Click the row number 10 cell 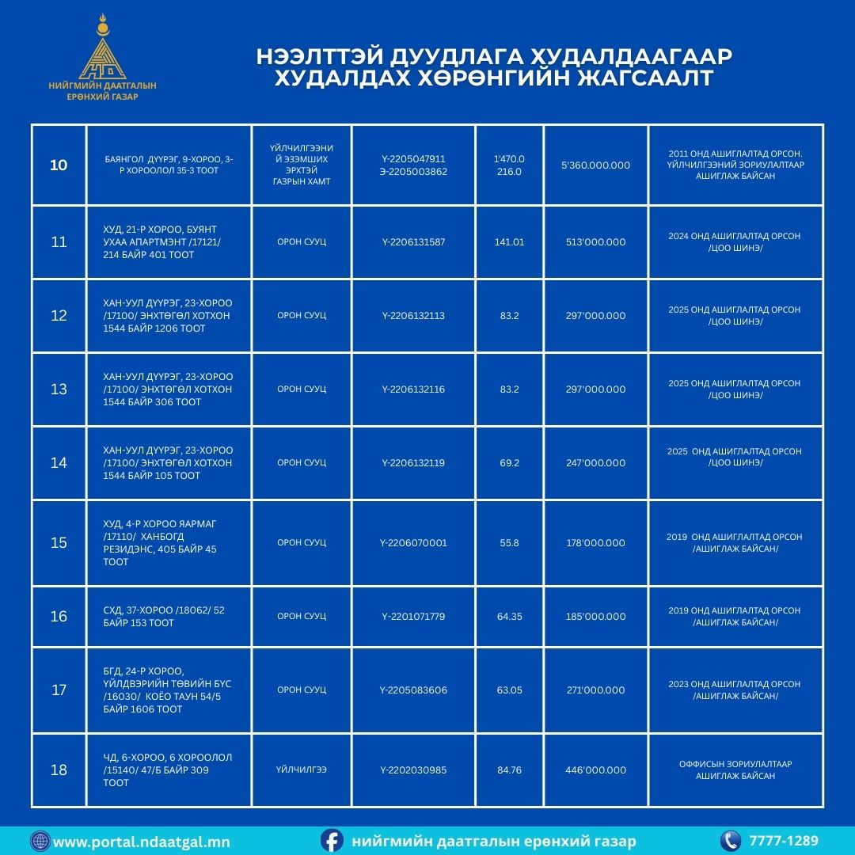point(59,165)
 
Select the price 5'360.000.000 point(595,165)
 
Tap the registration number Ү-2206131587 point(413,242)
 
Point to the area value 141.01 point(509,242)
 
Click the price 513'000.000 point(595,242)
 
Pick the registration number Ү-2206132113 point(413,316)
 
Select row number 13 point(59,389)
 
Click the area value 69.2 point(509,463)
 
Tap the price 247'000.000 point(595,463)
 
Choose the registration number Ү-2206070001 point(413,543)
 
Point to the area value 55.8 point(509,543)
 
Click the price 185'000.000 point(595,617)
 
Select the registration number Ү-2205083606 point(413,690)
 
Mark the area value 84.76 point(509,770)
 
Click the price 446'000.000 point(595,770)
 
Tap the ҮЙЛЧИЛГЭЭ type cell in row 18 point(302,769)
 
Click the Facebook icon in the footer point(332,841)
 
